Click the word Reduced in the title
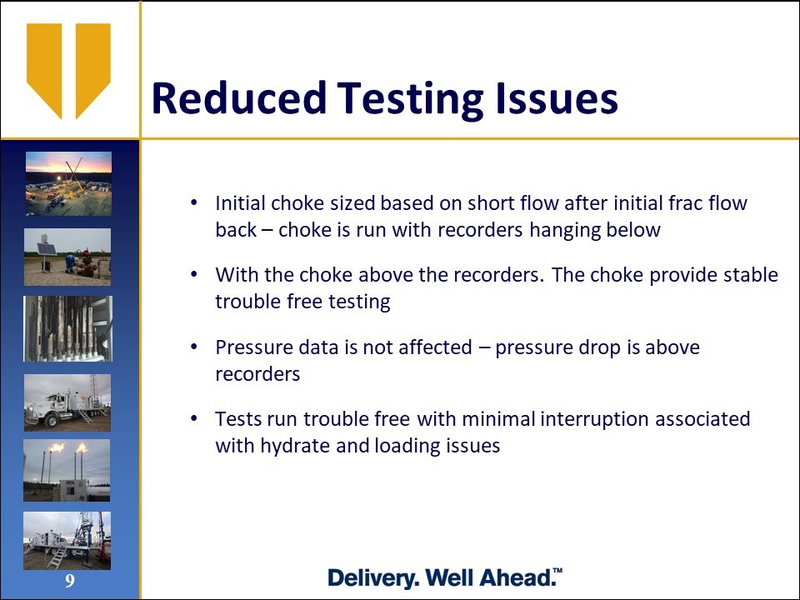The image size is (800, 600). [239, 97]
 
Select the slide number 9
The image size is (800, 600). [70, 581]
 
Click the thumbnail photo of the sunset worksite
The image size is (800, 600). [69, 183]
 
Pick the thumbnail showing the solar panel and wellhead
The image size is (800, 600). [67, 257]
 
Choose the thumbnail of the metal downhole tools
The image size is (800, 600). [67, 328]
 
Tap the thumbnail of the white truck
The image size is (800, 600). [67, 402]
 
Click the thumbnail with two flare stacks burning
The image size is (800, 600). [67, 470]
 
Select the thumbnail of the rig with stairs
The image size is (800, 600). [67, 540]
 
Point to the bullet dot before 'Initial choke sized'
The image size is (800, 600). [193, 202]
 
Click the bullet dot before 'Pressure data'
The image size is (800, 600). [193, 347]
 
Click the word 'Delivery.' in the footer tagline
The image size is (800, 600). [374, 578]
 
